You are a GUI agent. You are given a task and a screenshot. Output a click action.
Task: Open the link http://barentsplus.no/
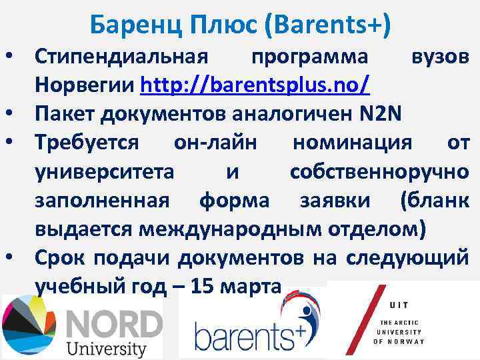pos(256,86)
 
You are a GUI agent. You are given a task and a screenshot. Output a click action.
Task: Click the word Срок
pos(61,257)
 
